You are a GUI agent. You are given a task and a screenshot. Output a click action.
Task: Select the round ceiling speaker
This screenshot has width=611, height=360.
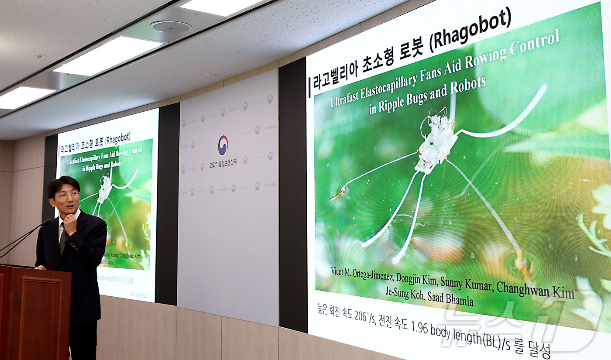point(171,27)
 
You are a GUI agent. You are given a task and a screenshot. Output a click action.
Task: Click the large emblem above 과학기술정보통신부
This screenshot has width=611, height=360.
point(223,145)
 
